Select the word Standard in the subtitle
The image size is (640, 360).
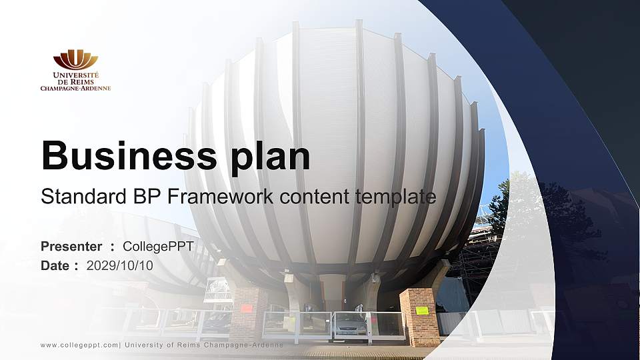pos(74,197)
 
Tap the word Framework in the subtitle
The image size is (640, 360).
pos(226,197)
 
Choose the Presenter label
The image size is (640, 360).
pos(71,247)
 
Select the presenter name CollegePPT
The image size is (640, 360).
pos(159,247)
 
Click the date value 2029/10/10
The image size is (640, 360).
pos(120,265)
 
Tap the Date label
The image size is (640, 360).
pos(55,265)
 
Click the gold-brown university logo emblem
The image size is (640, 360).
pos(75,59)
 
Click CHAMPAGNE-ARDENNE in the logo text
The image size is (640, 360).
pos(75,88)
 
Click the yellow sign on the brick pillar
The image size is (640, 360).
pos(422,311)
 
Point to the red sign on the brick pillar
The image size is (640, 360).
pos(246,308)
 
